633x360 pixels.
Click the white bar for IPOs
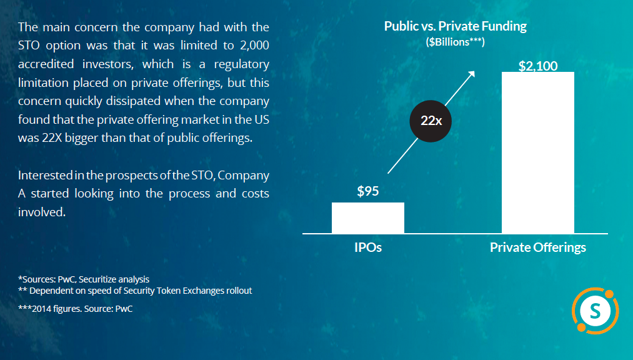pos(367,217)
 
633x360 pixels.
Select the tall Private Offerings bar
pos(538,152)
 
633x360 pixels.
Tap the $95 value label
pos(367,191)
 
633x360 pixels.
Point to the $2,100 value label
pos(538,66)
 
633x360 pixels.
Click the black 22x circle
pos(431,121)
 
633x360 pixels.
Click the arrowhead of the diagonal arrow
pos(472,72)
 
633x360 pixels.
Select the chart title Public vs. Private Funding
pos(455,27)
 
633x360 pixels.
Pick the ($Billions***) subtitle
pos(455,42)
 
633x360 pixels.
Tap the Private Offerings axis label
pos(538,247)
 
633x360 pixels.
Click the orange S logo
pos(594,309)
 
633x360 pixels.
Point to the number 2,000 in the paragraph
pos(251,46)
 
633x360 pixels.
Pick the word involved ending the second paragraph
pos(41,212)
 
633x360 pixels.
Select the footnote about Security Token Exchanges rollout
pos(135,291)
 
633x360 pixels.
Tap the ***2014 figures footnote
pos(76,308)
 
